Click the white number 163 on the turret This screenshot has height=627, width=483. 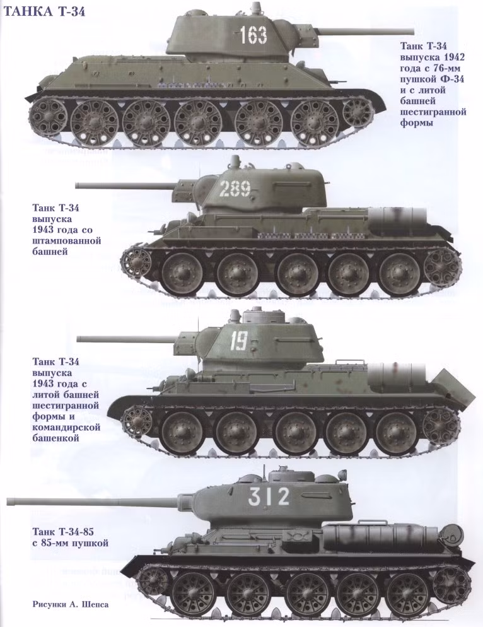[253, 35]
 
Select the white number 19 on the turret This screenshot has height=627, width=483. [239, 341]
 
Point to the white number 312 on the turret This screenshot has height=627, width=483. [269, 496]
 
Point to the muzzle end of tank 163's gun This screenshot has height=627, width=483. [412, 30]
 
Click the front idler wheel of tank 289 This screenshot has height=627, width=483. [136, 262]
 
